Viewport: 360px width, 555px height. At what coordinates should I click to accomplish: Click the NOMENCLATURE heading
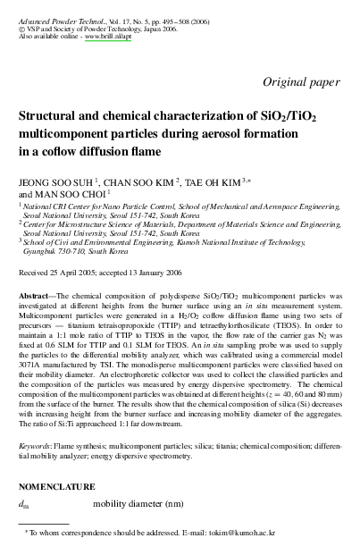click(x=56, y=487)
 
